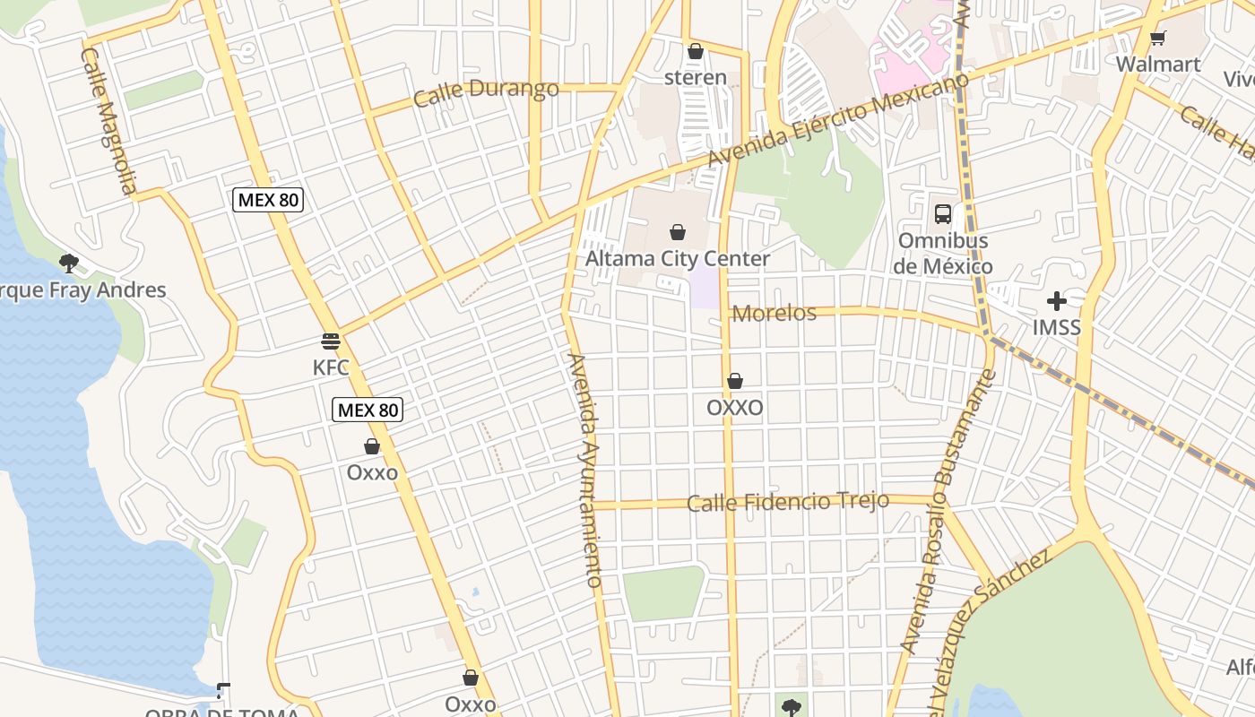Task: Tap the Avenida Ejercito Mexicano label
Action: tap(837, 121)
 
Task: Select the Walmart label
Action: tap(1158, 64)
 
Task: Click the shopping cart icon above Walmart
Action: tap(1157, 38)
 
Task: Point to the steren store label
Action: tap(696, 77)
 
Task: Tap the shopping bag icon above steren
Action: tap(695, 52)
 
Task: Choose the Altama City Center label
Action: tap(678, 259)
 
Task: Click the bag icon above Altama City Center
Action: tap(678, 233)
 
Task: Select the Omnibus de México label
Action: tap(943, 254)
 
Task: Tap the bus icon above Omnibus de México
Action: tap(943, 214)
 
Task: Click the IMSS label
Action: tap(1057, 327)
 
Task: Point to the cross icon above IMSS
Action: tap(1057, 301)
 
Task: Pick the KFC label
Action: tap(330, 367)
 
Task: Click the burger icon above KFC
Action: tap(331, 341)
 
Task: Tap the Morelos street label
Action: tap(775, 313)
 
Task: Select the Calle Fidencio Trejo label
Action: tap(788, 502)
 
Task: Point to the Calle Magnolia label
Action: tap(108, 120)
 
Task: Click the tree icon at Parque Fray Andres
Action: tap(68, 263)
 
